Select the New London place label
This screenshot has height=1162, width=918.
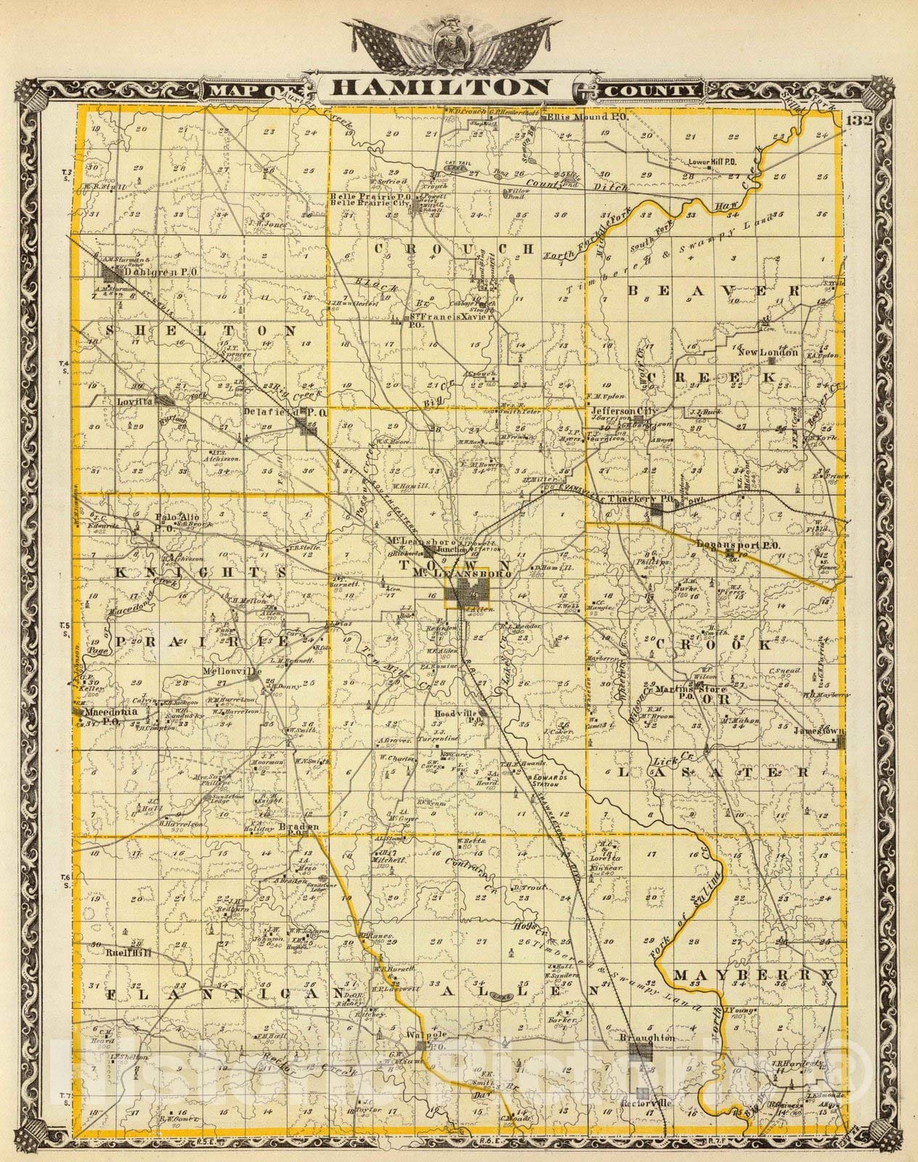pyautogui.click(x=768, y=352)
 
